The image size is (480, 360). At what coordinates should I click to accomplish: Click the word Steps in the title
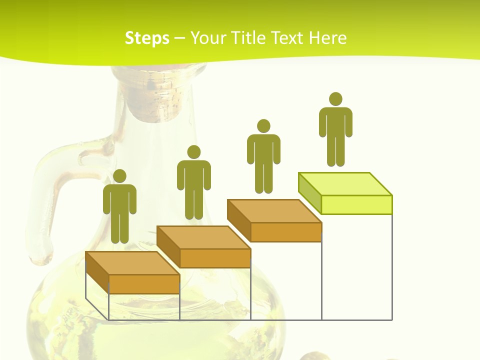[x=147, y=38]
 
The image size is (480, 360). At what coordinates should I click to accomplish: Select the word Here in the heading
[x=327, y=38]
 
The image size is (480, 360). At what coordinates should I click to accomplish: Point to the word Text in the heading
[x=289, y=38]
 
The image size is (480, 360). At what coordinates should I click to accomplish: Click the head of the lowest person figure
[x=119, y=176]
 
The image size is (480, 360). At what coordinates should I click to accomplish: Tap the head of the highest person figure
[x=335, y=99]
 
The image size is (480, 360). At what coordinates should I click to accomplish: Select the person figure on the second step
[x=193, y=182]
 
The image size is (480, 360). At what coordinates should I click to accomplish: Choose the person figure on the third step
[x=263, y=156]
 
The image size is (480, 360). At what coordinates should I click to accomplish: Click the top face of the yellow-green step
[x=345, y=183]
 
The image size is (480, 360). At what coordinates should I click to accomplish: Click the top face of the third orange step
[x=274, y=210]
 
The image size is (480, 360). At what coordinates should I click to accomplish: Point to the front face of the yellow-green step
[x=356, y=204]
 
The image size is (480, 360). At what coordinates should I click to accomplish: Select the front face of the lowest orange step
[x=144, y=284]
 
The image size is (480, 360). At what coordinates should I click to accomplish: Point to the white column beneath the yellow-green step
[x=356, y=267]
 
